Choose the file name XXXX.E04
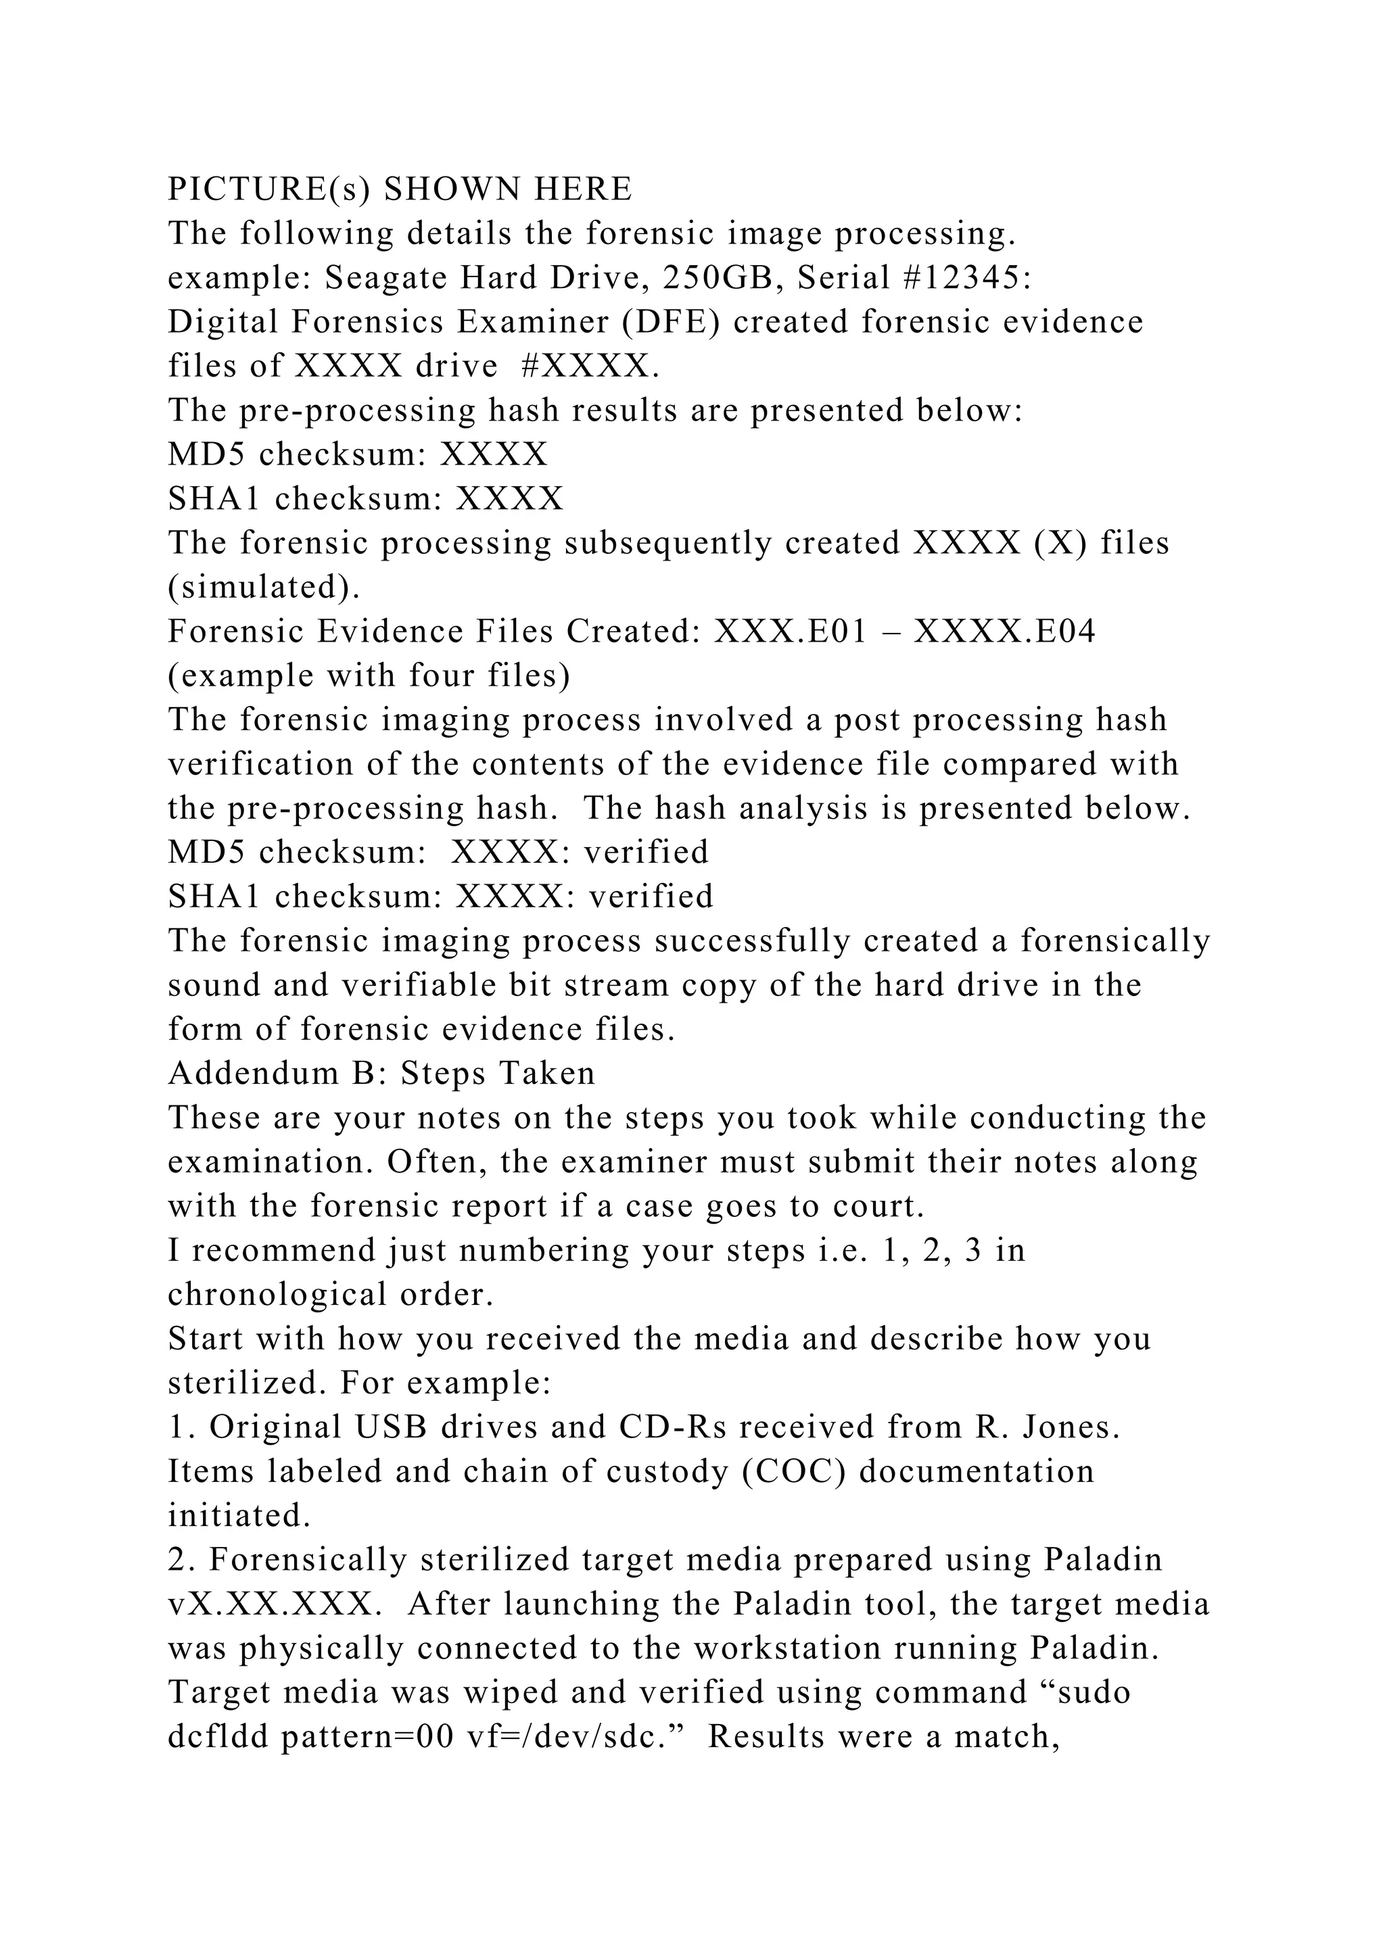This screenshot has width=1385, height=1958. point(1005,632)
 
